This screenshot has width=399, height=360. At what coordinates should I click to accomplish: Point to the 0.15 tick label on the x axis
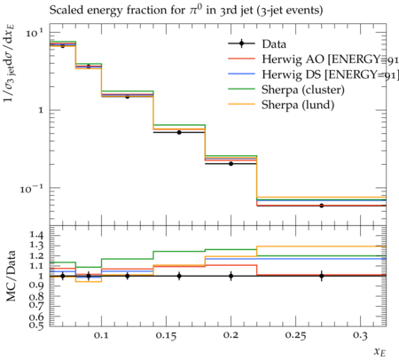click(x=167, y=336)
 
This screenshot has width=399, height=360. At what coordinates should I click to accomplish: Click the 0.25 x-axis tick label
click(x=296, y=336)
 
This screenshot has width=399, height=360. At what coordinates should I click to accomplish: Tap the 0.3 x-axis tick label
click(x=360, y=336)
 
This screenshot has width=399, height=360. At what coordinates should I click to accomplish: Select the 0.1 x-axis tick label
click(x=101, y=336)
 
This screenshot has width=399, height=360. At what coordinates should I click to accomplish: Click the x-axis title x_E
click(x=380, y=352)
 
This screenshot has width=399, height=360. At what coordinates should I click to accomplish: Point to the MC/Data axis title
click(x=11, y=276)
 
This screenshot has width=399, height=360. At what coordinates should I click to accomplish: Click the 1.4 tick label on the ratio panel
click(x=36, y=236)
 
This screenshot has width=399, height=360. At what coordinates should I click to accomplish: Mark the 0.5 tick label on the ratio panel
click(x=36, y=325)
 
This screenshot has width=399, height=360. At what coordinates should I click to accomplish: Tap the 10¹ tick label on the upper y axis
click(x=35, y=32)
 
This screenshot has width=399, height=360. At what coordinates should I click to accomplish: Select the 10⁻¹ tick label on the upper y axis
click(x=32, y=189)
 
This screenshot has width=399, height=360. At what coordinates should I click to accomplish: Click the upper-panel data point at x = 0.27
click(x=321, y=206)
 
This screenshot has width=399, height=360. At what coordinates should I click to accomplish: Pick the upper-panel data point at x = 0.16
click(x=179, y=132)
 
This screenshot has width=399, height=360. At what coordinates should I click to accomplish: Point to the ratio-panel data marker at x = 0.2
click(x=231, y=276)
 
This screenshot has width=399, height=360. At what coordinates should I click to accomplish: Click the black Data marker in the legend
click(x=241, y=43)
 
